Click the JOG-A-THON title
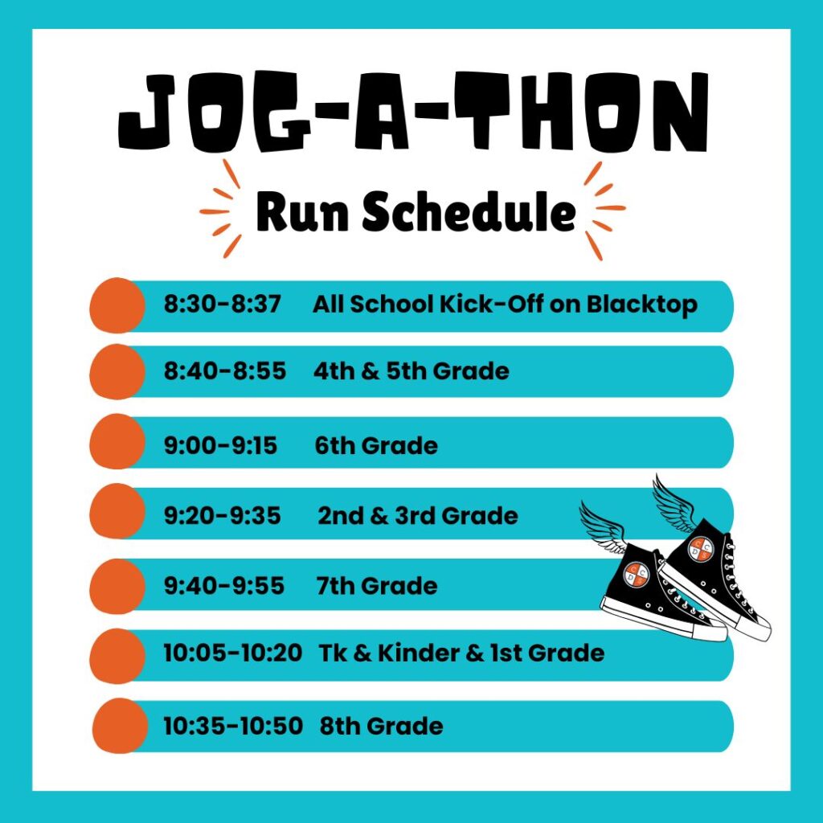point(413,111)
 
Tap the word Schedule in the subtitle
point(469,211)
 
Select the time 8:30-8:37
point(223,305)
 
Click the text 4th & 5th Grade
point(411,371)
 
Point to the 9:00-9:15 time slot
point(220,445)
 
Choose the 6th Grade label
point(376,445)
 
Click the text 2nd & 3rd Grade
point(418,516)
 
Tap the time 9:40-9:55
point(224,586)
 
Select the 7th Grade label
point(376,586)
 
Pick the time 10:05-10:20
point(233,653)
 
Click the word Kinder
point(418,653)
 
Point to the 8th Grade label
point(381,727)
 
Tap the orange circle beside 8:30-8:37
point(117,305)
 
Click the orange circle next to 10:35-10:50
point(121,727)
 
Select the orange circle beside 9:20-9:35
point(117,511)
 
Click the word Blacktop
point(642,305)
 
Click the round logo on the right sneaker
point(701,549)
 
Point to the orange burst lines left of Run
point(220,210)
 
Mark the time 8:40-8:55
point(225,371)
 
